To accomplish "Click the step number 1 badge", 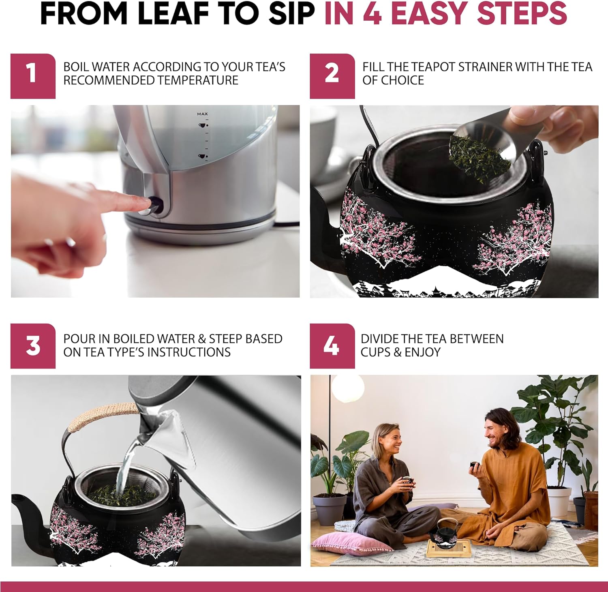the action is (33, 76).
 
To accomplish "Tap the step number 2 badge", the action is (332, 76).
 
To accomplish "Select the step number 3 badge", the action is (33, 346).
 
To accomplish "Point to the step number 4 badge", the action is (332, 346).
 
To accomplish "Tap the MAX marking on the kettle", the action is (202, 114).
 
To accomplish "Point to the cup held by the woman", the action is (407, 481).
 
